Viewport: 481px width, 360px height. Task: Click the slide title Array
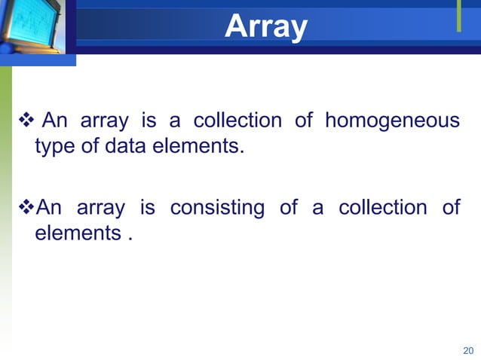(265, 27)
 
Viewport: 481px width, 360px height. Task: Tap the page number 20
(467, 350)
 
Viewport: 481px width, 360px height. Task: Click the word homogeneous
(392, 121)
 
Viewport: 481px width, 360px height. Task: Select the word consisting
(217, 208)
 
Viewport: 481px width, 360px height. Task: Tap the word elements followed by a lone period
(75, 233)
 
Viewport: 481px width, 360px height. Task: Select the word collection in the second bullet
(383, 208)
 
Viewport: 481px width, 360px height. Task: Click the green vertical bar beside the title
(458, 17)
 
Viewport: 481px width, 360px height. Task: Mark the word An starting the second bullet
(50, 208)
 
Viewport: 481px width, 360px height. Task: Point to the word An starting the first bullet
(55, 121)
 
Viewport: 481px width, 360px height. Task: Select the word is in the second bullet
(148, 208)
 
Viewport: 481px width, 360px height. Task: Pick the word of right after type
(90, 146)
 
